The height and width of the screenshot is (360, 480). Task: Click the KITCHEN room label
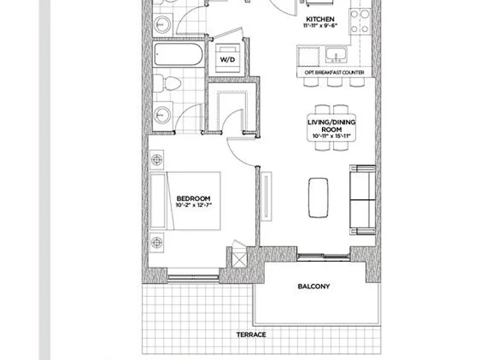click(320, 19)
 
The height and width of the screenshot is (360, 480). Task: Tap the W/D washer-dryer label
click(227, 59)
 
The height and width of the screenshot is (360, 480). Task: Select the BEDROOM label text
click(194, 198)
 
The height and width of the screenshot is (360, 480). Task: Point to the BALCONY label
click(314, 286)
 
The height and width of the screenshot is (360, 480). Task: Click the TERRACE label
click(251, 334)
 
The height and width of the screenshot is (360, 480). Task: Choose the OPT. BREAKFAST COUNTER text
click(334, 72)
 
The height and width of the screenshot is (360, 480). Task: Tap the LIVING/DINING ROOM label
click(331, 126)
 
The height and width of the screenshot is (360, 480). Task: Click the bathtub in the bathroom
click(178, 54)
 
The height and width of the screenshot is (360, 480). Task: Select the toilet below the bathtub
click(167, 82)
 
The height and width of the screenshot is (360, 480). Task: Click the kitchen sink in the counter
click(336, 55)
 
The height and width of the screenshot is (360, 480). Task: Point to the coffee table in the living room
click(318, 197)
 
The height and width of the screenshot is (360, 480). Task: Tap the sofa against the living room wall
click(362, 200)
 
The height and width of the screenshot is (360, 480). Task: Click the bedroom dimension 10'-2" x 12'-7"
click(194, 205)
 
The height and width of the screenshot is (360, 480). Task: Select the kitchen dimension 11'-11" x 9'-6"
click(320, 26)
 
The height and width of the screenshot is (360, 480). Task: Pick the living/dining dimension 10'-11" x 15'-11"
click(331, 136)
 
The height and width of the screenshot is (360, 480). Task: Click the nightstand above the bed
click(157, 160)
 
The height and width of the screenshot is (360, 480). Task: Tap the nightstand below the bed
click(157, 242)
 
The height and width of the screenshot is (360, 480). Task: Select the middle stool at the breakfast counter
click(334, 82)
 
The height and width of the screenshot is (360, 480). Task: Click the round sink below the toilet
click(162, 115)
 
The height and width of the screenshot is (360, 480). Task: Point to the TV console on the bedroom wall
click(266, 196)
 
